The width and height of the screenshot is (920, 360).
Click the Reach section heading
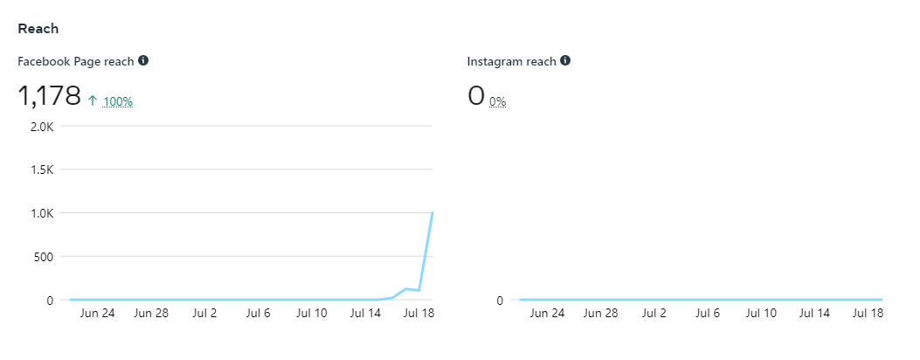(x=38, y=29)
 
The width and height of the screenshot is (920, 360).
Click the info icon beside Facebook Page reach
(x=143, y=61)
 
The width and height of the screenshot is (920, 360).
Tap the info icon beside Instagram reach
(x=565, y=61)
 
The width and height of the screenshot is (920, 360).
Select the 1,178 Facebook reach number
(x=49, y=96)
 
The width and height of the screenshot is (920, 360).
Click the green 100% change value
(x=118, y=101)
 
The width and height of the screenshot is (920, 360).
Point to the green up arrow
(x=93, y=100)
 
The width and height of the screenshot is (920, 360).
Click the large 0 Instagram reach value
(x=476, y=96)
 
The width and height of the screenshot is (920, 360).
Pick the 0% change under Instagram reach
(x=498, y=101)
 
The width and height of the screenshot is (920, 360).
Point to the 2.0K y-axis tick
(x=41, y=126)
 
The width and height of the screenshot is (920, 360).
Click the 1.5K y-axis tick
(x=41, y=170)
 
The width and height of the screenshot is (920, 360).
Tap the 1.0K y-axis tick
(x=41, y=213)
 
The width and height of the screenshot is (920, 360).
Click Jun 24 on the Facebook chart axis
(x=97, y=312)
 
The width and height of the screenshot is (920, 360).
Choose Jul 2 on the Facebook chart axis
(x=204, y=312)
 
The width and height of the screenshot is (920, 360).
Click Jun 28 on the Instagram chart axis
(x=601, y=312)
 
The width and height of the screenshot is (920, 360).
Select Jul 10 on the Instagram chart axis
(x=760, y=312)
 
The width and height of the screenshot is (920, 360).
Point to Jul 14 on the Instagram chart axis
(x=813, y=312)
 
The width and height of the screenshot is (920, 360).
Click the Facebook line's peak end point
(x=432, y=212)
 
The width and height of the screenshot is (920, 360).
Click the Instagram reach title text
(x=511, y=61)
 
